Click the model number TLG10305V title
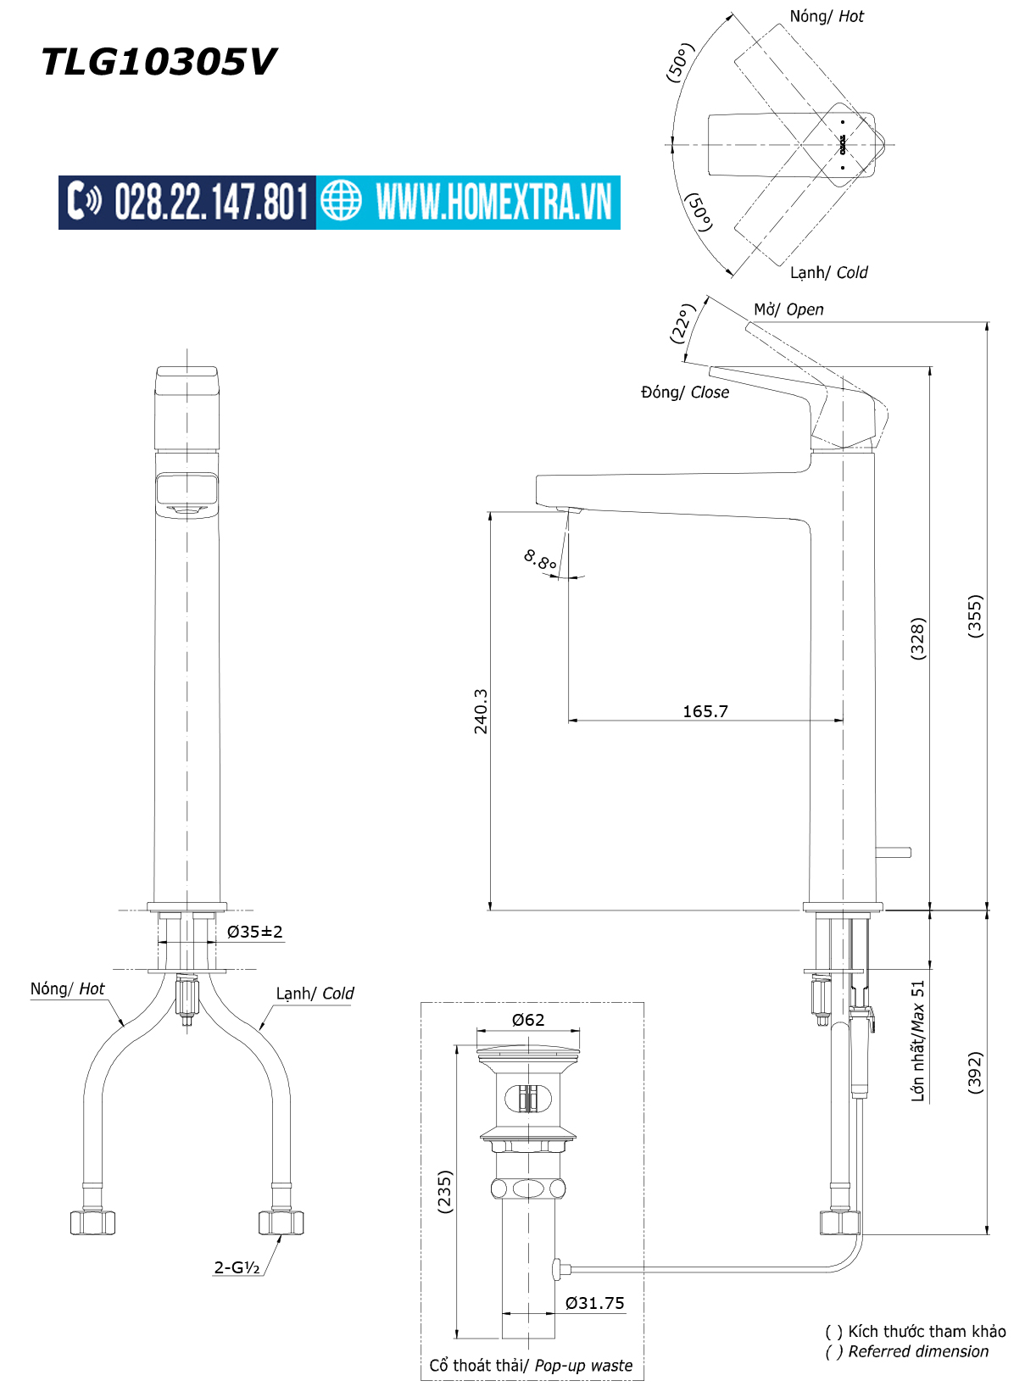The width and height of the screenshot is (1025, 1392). coord(159,62)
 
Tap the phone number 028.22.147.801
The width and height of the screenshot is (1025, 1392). coord(211,203)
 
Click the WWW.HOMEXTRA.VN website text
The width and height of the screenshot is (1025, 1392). coord(493,203)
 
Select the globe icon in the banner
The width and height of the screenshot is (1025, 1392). coord(342,202)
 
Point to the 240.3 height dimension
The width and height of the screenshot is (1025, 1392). coord(481,710)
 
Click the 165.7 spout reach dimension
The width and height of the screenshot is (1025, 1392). coord(705,711)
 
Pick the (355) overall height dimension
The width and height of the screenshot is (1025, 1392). coord(975,615)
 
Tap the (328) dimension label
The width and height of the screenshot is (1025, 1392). coord(917,638)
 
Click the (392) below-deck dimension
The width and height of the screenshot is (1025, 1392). coord(975,1072)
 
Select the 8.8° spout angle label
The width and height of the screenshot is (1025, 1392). coord(540,560)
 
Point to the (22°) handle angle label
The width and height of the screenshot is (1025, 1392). coord(682,323)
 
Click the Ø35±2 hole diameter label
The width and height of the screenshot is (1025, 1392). coord(254,932)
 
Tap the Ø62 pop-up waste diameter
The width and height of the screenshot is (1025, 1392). coord(528,1020)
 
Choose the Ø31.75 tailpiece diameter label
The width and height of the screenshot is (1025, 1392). coord(594,1303)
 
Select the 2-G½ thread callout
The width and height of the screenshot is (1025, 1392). coord(237,1267)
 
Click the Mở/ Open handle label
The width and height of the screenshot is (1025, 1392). coord(788,309)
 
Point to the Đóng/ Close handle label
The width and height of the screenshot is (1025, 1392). coord(685,393)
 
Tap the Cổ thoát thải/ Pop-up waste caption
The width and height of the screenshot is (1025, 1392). coord(531,1365)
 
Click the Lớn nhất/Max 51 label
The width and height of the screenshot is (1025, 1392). coord(918,1041)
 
